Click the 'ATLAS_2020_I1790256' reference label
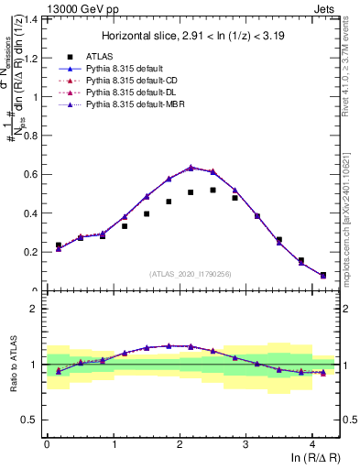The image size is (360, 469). (x=191, y=274)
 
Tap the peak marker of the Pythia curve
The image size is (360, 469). (x=191, y=167)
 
